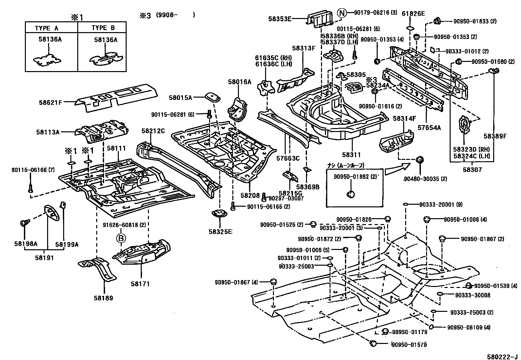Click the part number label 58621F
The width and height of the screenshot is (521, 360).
[50, 102]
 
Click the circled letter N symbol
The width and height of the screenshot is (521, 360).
[341, 13]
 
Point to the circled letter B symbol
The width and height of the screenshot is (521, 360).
[121, 238]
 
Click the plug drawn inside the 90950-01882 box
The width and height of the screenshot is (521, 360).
[350, 194]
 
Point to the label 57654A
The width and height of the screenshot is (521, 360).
[429, 127]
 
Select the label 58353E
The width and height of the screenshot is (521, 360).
[289, 19]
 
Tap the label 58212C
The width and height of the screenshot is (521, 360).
[153, 131]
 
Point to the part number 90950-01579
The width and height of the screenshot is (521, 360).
[409, 344]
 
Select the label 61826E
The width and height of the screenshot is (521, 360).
[413, 13]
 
